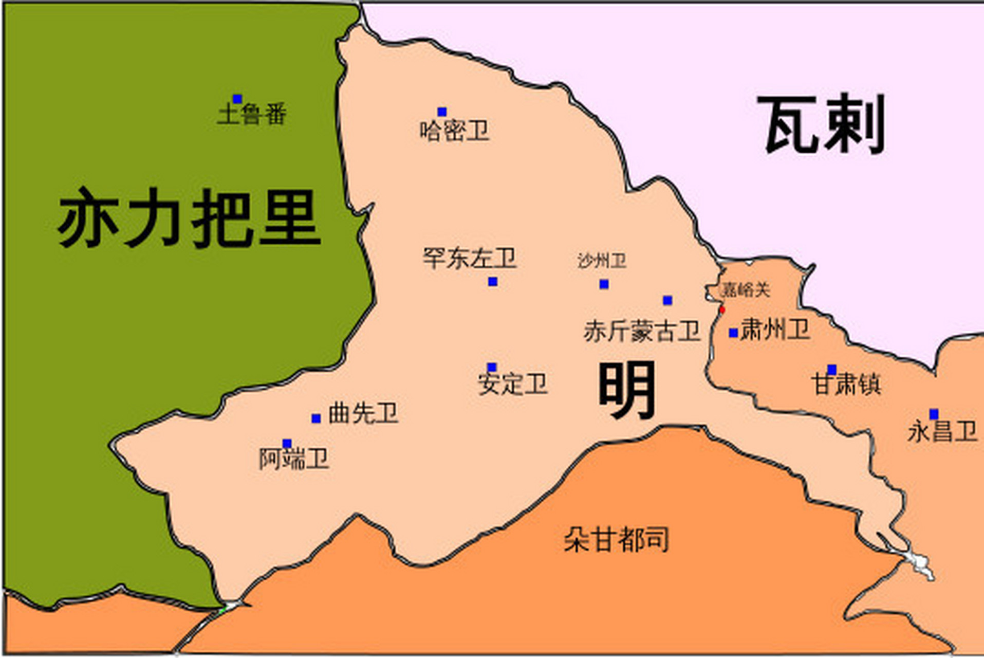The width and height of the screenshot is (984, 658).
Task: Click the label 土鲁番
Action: coord(252,114)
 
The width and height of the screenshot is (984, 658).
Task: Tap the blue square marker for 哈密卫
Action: coord(442,112)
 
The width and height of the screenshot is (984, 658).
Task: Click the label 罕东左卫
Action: coord(469,258)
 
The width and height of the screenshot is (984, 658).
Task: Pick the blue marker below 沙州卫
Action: coord(604,284)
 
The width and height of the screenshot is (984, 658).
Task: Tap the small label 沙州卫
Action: coord(602,261)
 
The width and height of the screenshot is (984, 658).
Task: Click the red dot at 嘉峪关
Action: coord(722,309)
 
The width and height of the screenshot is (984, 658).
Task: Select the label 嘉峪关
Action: coord(746,290)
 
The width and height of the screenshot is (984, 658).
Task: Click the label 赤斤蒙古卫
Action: coord(642,331)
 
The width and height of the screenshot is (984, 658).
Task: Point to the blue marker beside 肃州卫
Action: coord(733,333)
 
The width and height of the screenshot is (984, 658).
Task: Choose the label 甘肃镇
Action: coord(846,385)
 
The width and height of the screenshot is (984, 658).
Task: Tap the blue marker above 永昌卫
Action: coord(934,414)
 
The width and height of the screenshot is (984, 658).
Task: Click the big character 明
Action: coord(627,390)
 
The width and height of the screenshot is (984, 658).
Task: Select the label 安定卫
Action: coord(513,384)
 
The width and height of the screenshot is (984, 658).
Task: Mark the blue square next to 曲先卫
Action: coord(316,418)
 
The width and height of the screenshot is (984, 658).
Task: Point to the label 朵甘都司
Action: coord(616,540)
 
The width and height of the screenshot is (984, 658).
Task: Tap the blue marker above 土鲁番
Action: coord(237,99)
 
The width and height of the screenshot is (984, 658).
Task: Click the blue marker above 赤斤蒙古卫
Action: coord(667,300)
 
